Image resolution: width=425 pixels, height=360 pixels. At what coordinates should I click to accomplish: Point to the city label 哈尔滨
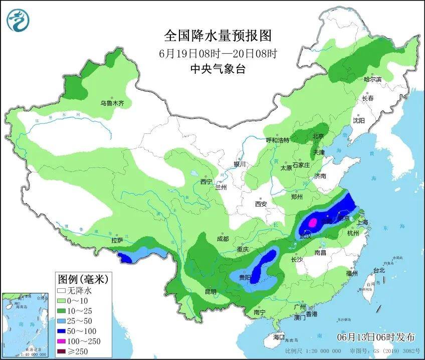coord(372,80)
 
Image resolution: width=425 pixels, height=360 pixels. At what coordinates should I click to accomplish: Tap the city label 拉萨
coord(117,240)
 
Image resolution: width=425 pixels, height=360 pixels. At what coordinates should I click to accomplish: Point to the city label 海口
coord(278,336)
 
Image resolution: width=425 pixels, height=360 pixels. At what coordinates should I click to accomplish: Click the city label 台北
coord(379,270)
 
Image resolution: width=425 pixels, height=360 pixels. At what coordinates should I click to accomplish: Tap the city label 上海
coord(361,223)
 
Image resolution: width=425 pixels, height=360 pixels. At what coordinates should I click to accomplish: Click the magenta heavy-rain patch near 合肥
coord(312,222)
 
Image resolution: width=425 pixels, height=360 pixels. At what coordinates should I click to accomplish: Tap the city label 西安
coord(261,204)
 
